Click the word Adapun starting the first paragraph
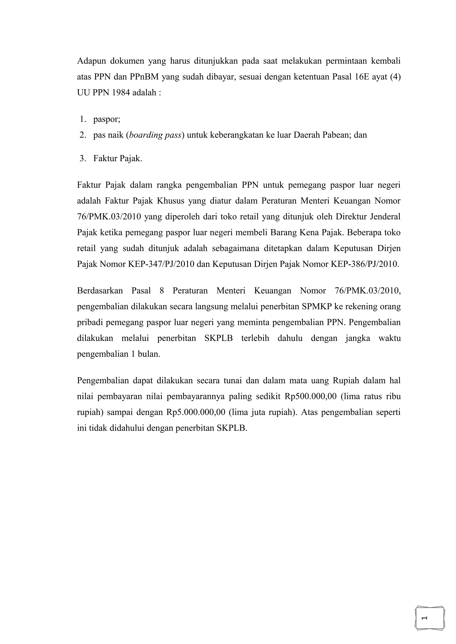coord(91,61)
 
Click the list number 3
coord(83,158)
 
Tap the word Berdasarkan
coord(100,291)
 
